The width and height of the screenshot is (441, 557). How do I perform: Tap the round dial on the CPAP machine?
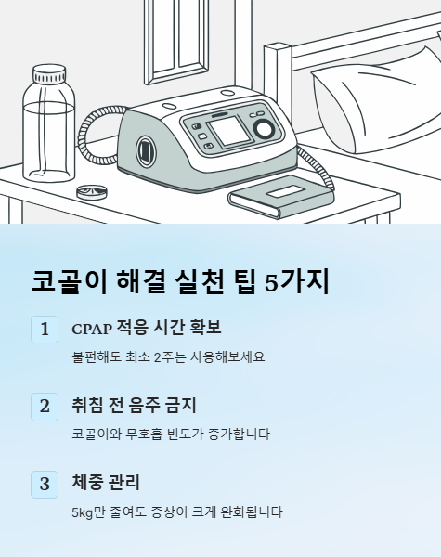264,128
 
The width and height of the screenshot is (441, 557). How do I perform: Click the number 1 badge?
45,330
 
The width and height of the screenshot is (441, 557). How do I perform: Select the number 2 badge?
45,406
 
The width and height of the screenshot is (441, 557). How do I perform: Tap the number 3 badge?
45,484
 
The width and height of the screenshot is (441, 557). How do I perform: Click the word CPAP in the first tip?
91,329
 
